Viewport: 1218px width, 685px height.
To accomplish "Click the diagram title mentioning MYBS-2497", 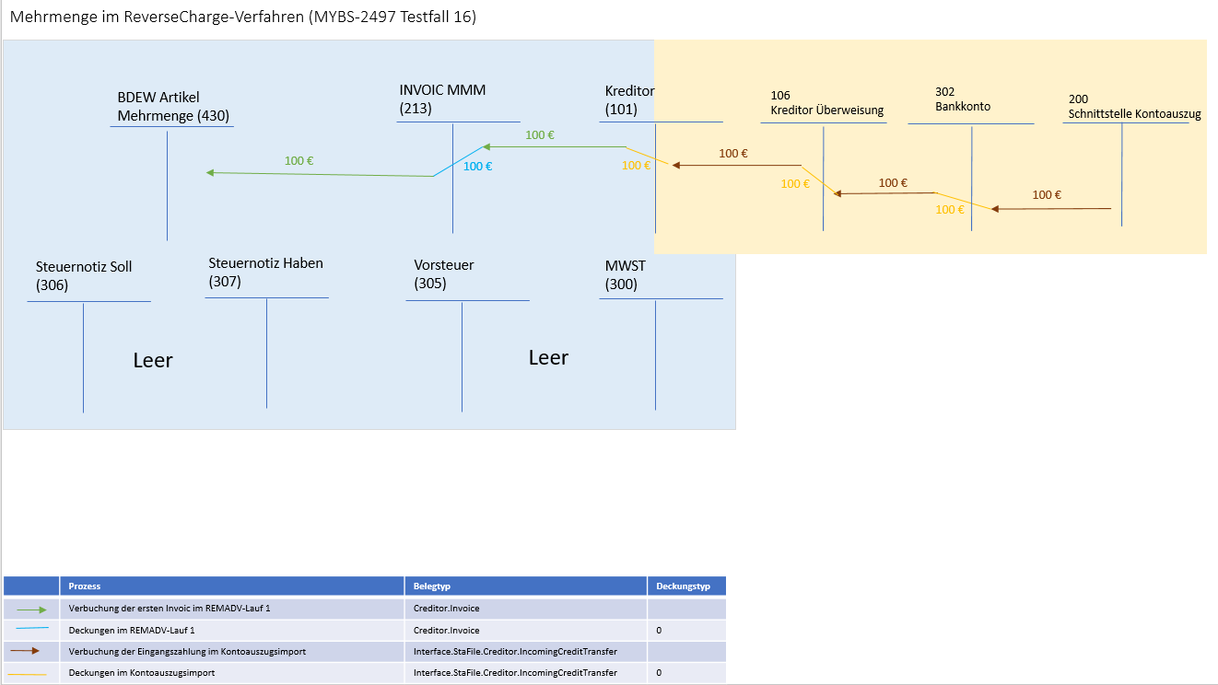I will pos(243,17).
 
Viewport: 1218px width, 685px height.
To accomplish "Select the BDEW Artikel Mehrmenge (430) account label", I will pos(173,107).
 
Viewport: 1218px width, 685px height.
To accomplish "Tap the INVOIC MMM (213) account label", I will pos(442,99).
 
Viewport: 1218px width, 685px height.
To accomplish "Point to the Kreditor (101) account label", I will pos(629,99).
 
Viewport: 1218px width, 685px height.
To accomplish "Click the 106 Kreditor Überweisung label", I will pos(826,102).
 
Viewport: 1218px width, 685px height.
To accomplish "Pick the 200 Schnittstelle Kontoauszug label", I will pos(1134,107).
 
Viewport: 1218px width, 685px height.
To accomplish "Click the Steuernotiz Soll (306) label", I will pos(84,276).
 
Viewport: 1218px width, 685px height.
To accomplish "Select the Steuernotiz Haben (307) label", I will pos(265,273).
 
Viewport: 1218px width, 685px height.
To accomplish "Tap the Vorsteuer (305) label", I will pos(444,274).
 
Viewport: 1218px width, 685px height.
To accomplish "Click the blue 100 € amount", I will pos(477,167).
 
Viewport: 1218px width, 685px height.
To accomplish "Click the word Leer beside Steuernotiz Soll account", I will pos(153,360).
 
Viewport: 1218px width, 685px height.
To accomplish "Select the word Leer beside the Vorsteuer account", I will pos(548,357).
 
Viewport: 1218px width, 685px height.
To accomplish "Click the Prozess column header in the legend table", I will pos(85,586).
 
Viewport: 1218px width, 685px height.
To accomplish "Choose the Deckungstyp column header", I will pos(683,586).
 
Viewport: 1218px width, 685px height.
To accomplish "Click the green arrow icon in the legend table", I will pos(32,610).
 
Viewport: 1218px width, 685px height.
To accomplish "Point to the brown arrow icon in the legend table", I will pos(32,651).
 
